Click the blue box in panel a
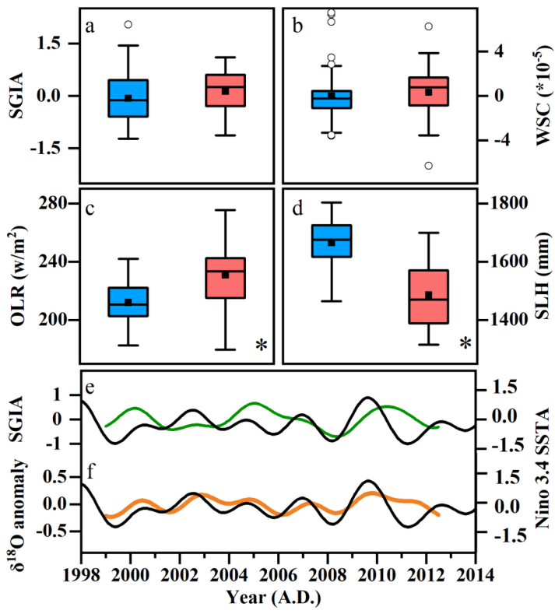pyautogui.click(x=128, y=98)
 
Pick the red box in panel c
pyautogui.click(x=224, y=278)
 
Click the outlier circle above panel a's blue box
pyautogui.click(x=128, y=25)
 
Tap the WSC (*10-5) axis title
pyautogui.click(x=538, y=95)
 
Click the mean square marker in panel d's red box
pyautogui.click(x=428, y=296)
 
